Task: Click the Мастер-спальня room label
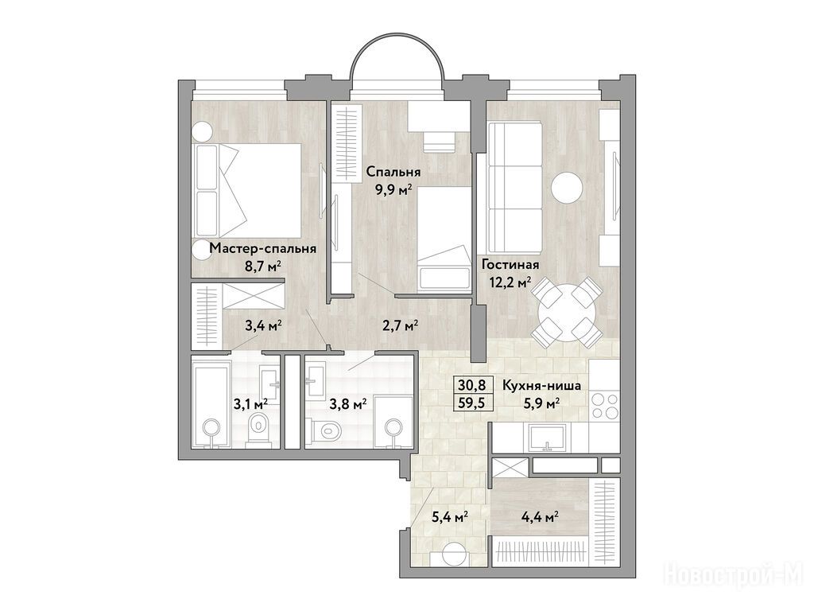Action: [x=262, y=248]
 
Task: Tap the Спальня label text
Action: [x=393, y=172]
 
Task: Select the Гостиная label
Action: [x=510, y=264]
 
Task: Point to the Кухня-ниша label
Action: [x=541, y=386]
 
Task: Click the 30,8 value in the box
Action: [x=472, y=385]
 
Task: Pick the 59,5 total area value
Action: [x=472, y=402]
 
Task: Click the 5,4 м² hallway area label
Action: [x=451, y=516]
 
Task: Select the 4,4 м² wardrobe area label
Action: [x=540, y=516]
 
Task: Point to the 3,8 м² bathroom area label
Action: [x=349, y=403]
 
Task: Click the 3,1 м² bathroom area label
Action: [x=250, y=403]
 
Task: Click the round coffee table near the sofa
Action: [x=568, y=188]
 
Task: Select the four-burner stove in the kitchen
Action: [x=605, y=406]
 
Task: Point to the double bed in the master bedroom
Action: [x=248, y=190]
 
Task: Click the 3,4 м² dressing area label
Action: [x=264, y=325]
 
